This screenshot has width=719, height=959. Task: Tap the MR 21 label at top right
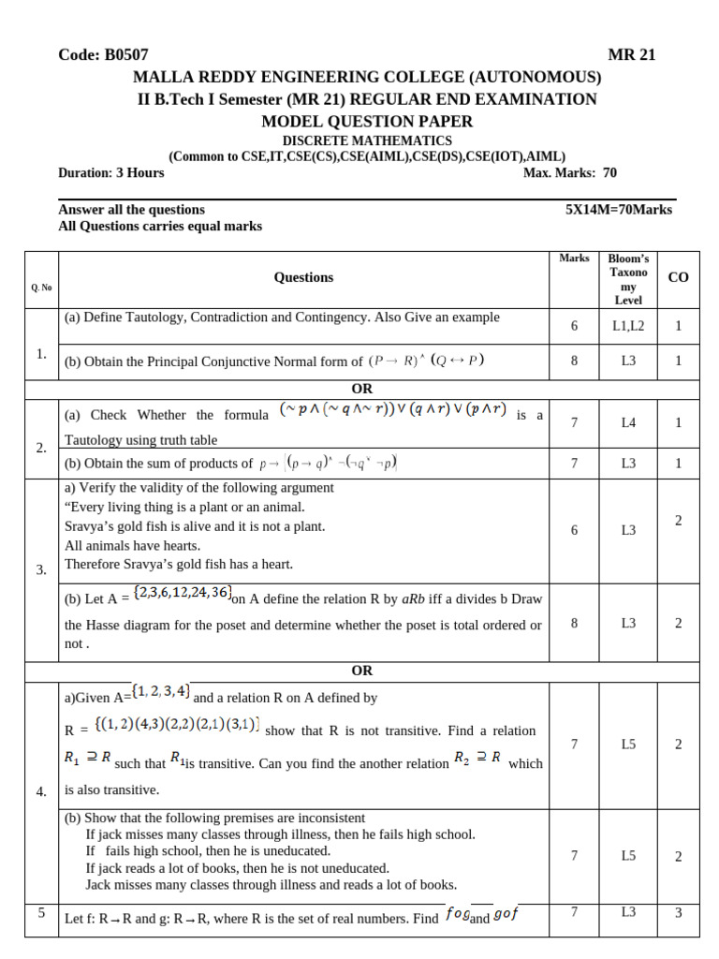632,55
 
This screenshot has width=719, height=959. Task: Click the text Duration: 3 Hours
110,172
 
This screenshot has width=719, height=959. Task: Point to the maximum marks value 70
609,172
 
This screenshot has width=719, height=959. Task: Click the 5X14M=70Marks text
619,210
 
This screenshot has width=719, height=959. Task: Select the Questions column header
303,277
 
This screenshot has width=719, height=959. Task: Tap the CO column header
678,277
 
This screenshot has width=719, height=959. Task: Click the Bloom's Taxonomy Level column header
628,278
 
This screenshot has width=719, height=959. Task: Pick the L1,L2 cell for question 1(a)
628,326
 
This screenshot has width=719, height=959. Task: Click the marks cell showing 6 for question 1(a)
574,326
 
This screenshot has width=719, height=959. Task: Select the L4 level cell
628,423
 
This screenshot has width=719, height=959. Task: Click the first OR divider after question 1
361,389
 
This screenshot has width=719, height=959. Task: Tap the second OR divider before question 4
361,671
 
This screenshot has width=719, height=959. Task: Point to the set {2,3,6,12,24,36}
182,594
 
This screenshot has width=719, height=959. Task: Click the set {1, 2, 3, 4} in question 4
161,691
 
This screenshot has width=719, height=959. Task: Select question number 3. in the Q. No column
41,569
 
